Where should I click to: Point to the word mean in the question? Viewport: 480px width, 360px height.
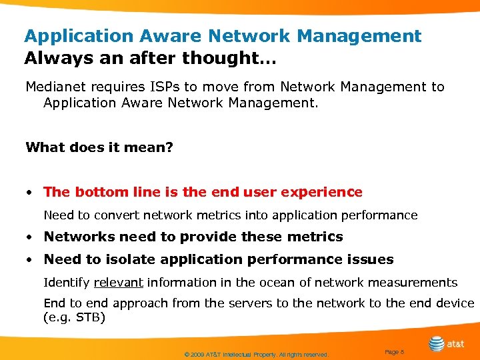click(x=144, y=147)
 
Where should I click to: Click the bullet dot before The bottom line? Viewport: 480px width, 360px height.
click(x=31, y=193)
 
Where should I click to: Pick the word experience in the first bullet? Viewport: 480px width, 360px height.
click(x=322, y=193)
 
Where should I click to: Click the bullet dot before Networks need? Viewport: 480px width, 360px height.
click(x=31, y=237)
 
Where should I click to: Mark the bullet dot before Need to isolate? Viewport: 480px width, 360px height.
click(x=31, y=260)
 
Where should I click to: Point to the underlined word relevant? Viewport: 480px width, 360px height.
click(x=119, y=283)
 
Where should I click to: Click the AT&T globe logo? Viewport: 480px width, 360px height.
click(x=437, y=344)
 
